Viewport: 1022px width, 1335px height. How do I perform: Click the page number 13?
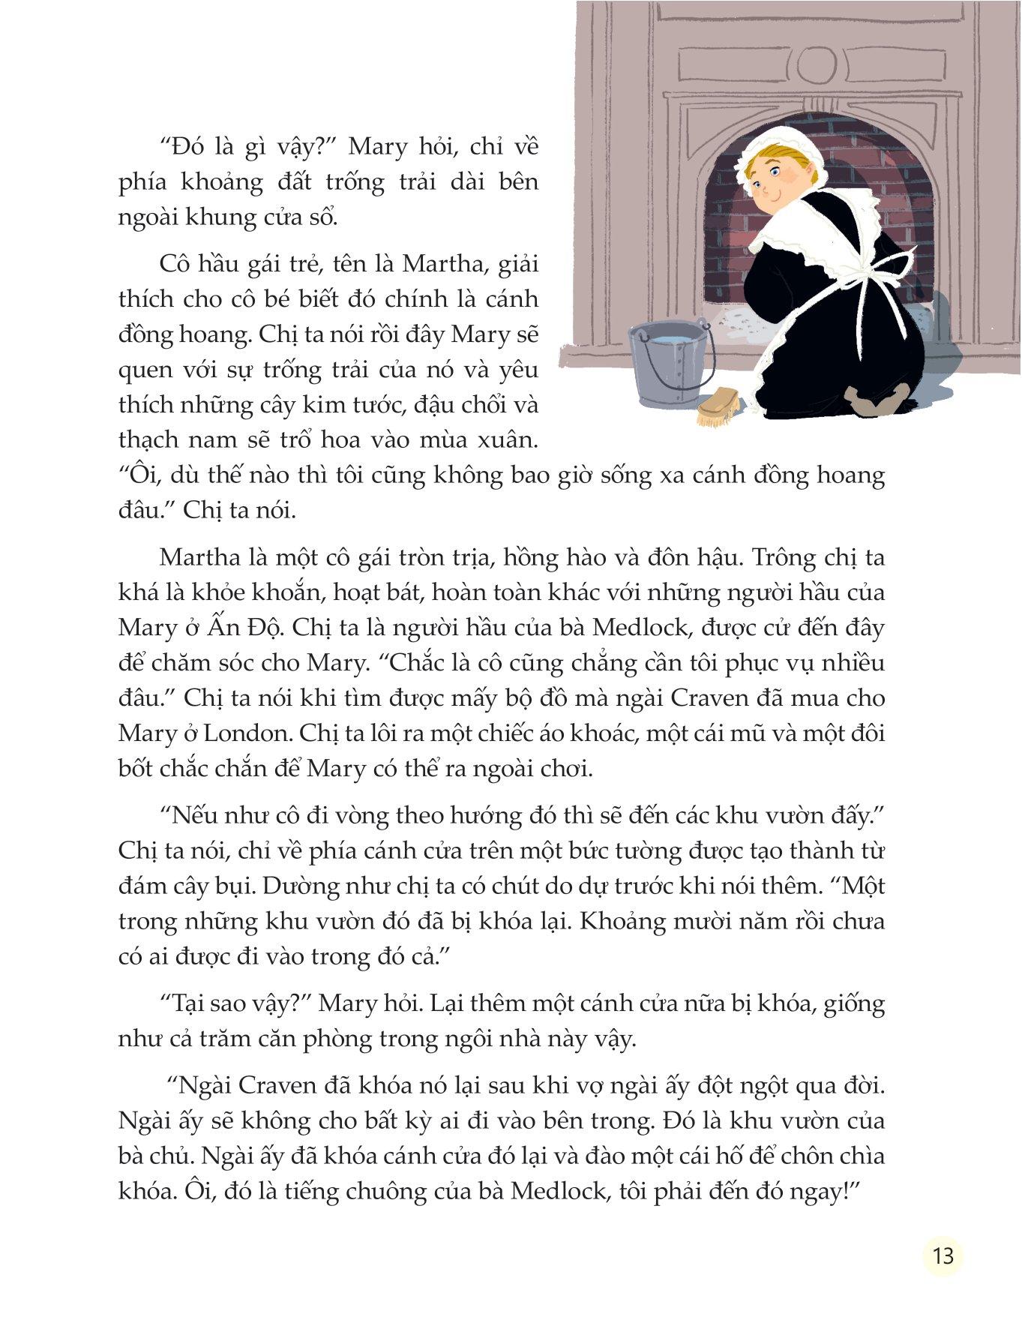click(x=943, y=1255)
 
